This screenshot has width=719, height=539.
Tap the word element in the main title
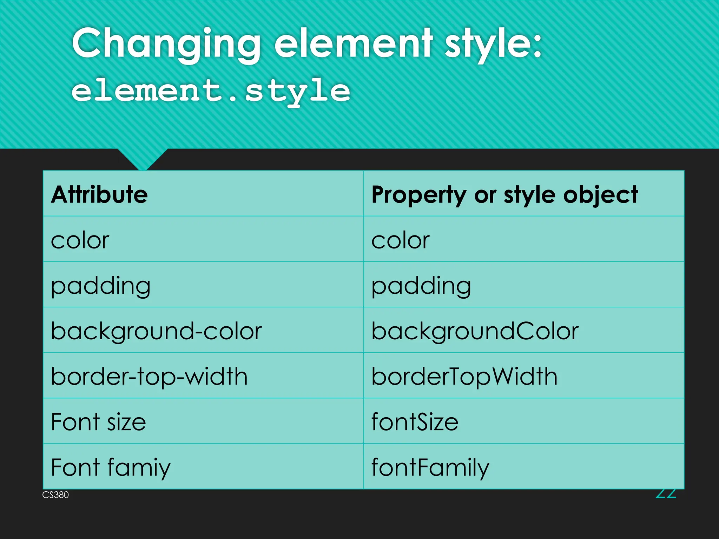tap(353, 44)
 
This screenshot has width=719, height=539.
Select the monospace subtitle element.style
tap(211, 91)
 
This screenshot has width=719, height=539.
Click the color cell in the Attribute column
tap(80, 240)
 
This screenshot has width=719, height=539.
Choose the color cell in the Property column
tap(401, 240)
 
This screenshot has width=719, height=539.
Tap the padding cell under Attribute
tap(101, 286)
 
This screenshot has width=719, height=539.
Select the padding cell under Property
tap(421, 286)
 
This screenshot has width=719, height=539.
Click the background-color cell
tap(156, 331)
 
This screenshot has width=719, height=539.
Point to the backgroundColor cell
tap(475, 331)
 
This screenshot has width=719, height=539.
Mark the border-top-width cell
tap(149, 377)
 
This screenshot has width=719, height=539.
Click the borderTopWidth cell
tap(464, 377)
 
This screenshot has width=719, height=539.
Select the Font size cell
tap(98, 422)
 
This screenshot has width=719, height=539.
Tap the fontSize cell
tap(415, 422)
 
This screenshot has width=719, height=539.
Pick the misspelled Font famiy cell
tap(111, 467)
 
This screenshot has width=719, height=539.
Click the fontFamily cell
tap(430, 467)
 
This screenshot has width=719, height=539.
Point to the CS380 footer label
tap(55, 495)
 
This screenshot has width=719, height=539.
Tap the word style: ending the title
tap(493, 44)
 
